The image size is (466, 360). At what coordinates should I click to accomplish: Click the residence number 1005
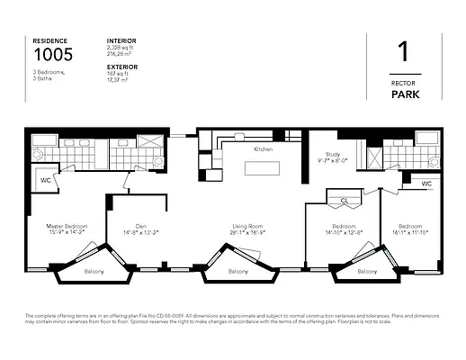(x=53, y=55)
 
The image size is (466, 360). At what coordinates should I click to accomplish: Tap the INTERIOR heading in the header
(x=121, y=40)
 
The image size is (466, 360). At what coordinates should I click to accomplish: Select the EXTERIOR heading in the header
(x=122, y=66)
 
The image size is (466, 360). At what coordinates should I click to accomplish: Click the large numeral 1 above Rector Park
(x=415, y=52)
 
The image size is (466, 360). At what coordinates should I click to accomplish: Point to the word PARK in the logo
(x=415, y=94)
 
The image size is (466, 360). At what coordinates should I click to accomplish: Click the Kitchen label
(x=263, y=149)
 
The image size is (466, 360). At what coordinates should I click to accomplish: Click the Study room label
(x=332, y=157)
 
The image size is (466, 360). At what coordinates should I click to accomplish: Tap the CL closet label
(x=345, y=202)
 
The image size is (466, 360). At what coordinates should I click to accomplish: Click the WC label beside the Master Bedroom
(x=45, y=180)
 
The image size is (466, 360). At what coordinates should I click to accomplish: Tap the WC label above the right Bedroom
(x=426, y=184)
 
